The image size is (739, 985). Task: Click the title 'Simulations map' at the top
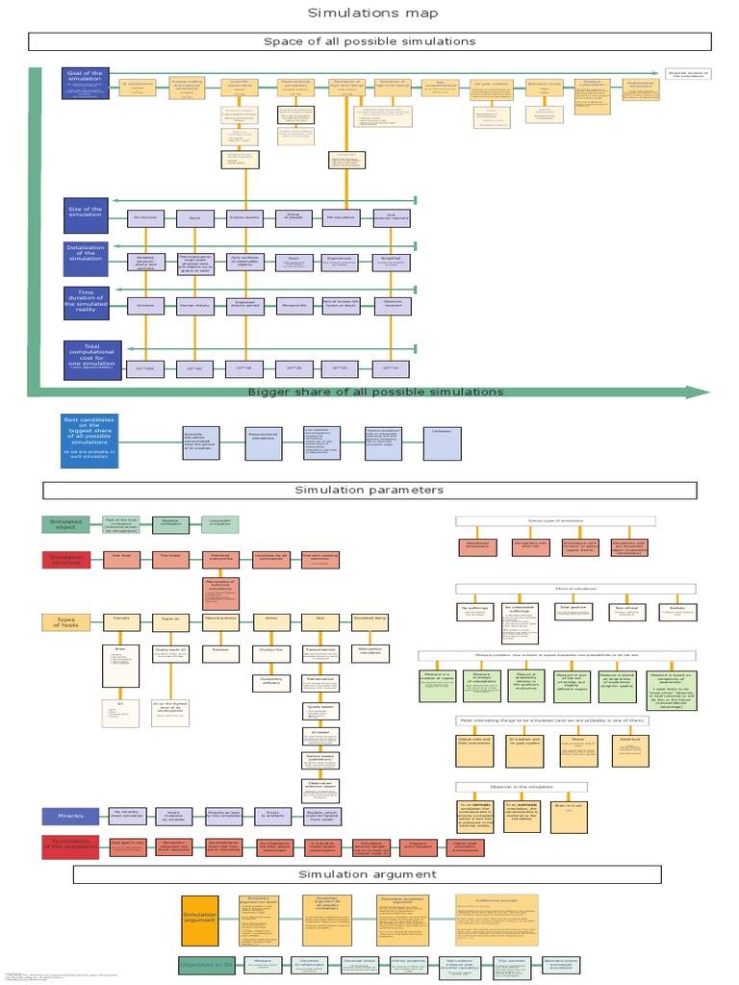click(372, 13)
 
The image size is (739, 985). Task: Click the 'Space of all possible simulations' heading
click(369, 41)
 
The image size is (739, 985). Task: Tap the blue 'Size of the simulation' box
click(86, 215)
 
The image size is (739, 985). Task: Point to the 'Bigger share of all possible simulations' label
click(375, 391)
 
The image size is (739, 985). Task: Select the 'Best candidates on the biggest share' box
click(90, 440)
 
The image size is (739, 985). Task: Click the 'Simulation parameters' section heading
click(369, 490)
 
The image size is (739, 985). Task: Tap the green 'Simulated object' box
click(65, 523)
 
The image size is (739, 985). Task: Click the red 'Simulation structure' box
click(65, 559)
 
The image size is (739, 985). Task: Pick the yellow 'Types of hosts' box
click(65, 621)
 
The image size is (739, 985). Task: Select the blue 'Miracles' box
click(69, 816)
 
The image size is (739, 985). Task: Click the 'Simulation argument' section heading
click(368, 874)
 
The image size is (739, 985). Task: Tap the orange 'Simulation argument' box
click(200, 919)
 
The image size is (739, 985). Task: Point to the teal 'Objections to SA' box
click(206, 965)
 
